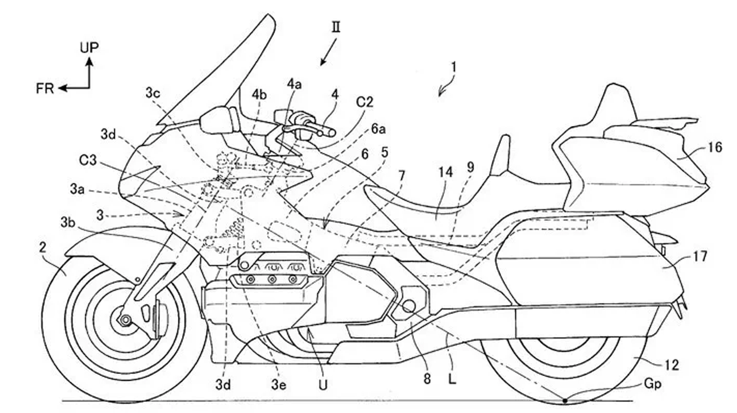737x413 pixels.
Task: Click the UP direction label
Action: [89, 47]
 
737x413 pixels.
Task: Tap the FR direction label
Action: [45, 88]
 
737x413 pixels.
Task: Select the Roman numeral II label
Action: [336, 27]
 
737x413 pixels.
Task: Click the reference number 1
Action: [454, 68]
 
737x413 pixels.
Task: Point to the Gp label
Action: [652, 384]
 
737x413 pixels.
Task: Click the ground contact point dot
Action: [565, 401]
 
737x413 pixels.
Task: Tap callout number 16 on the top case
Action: [714, 148]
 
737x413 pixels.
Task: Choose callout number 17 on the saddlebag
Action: [700, 256]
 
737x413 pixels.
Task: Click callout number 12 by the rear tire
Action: [672, 365]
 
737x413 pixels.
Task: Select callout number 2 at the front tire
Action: [43, 248]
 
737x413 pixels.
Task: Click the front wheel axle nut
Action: [124, 319]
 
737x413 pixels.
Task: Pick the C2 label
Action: [364, 102]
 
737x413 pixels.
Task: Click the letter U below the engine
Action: [323, 384]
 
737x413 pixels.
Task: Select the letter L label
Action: [452, 380]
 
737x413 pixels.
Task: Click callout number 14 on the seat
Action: [445, 172]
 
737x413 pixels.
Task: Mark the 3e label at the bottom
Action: [278, 384]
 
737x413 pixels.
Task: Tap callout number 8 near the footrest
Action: [427, 379]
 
